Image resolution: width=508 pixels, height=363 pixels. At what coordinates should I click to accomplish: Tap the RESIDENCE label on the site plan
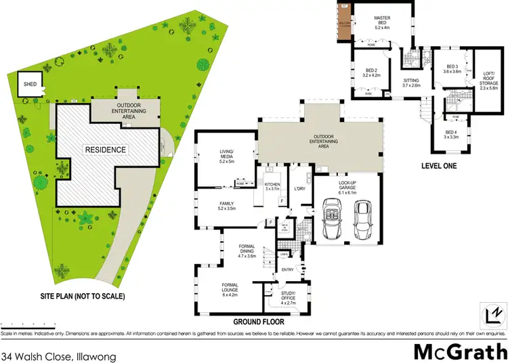pos(104,148)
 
